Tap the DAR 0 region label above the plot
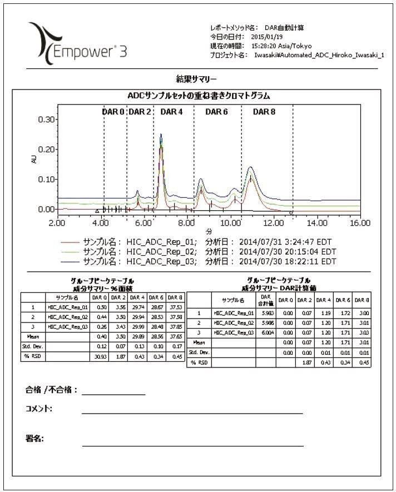click(113, 112)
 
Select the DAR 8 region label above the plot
click(264, 112)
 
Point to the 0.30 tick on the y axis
click(44, 120)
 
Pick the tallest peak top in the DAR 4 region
click(161, 135)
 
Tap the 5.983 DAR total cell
click(266, 314)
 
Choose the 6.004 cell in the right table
click(266, 332)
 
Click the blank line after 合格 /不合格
click(113, 394)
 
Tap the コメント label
click(39, 409)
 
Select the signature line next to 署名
click(192, 445)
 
